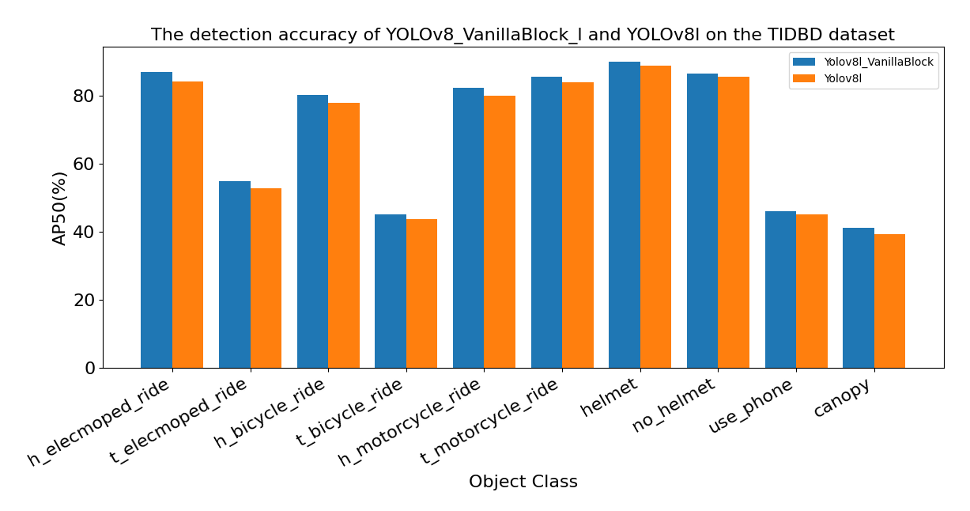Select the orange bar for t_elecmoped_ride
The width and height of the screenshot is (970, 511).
(266, 278)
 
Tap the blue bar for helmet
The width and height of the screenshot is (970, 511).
(625, 214)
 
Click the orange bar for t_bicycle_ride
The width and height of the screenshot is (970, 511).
(421, 293)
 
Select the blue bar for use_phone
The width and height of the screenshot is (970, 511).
(780, 290)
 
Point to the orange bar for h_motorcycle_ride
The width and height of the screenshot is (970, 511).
(500, 232)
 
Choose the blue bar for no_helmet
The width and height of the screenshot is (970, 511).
(702, 221)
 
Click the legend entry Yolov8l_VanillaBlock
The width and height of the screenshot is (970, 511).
(878, 62)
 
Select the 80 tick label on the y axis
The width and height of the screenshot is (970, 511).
(84, 97)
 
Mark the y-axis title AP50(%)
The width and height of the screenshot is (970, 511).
(60, 209)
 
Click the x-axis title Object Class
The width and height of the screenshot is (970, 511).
(523, 482)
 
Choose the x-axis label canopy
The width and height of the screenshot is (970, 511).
(843, 399)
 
